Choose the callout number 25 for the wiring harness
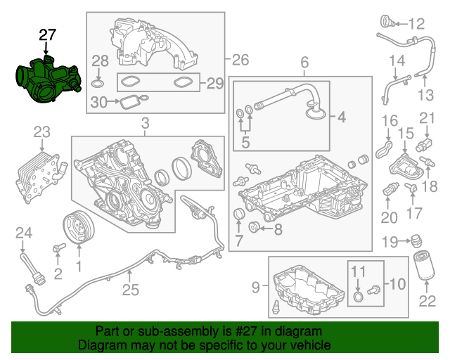click(x=130, y=289)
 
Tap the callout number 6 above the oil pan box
click(x=304, y=64)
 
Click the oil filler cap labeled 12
click(x=387, y=21)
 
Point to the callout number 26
click(x=240, y=59)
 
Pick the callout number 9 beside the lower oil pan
click(x=256, y=286)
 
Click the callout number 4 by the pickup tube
click(x=341, y=117)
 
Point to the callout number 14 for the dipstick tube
click(x=397, y=60)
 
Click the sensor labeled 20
click(x=390, y=190)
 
